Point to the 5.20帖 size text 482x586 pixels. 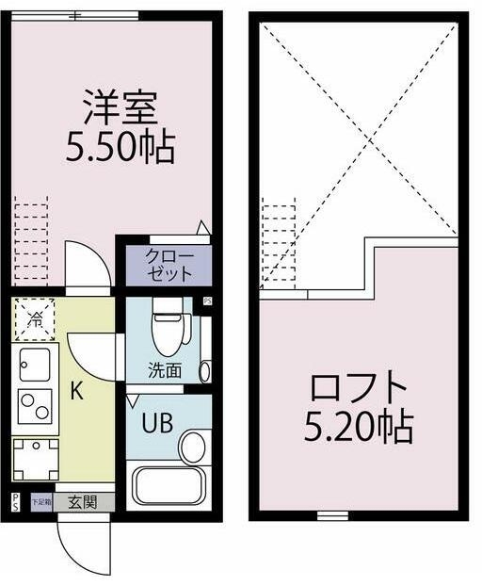pyautogui.click(x=358, y=429)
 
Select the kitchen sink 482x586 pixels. pyautogui.click(x=35, y=362)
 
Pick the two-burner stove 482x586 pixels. pyautogui.click(x=35, y=405)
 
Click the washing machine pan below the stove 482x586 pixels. pyautogui.click(x=35, y=459)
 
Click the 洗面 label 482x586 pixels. pyautogui.click(x=164, y=370)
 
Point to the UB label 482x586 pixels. pyautogui.click(x=156, y=422)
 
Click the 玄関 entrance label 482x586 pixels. pyautogui.click(x=83, y=502)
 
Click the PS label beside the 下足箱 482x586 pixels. pyautogui.click(x=16, y=502)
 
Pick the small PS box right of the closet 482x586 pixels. pyautogui.click(x=207, y=301)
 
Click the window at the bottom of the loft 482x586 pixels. pyautogui.click(x=329, y=515)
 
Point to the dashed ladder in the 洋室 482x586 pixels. pyautogui.click(x=31, y=240)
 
